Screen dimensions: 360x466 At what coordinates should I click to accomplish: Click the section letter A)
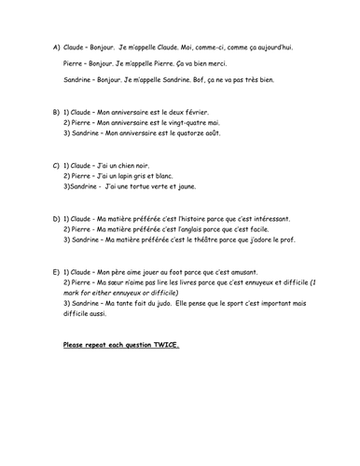point(58,46)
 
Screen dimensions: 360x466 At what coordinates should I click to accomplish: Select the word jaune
point(210,186)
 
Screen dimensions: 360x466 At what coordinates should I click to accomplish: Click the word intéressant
point(268,218)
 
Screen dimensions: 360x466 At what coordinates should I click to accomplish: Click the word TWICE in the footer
point(166,345)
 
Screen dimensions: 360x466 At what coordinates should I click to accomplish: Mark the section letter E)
point(58,272)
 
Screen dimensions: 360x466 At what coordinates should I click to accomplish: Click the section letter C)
point(58,164)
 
